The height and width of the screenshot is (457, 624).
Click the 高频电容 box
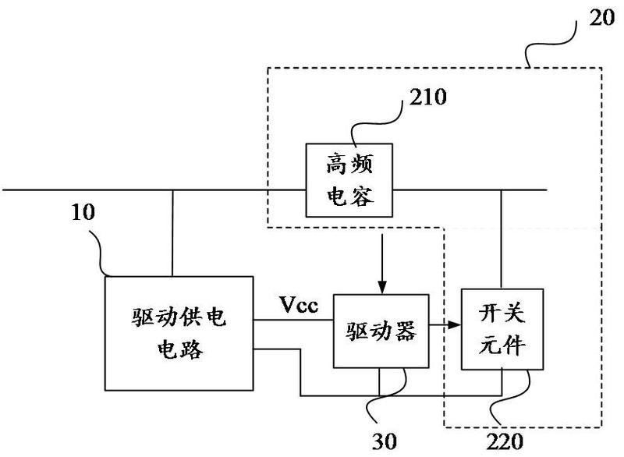coord(348,180)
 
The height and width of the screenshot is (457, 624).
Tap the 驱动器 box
coord(381,331)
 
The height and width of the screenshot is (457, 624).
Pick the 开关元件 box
coord(500,330)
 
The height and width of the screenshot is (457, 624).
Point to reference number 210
coord(428,100)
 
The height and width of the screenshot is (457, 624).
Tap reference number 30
coord(381,441)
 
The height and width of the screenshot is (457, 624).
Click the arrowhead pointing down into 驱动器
coord(381,289)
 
